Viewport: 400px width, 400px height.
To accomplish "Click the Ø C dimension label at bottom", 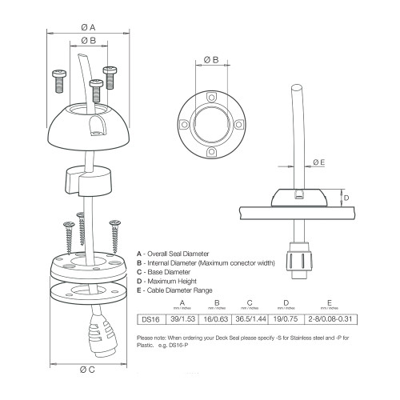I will [87, 369].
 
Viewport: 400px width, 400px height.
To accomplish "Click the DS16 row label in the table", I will [150, 319].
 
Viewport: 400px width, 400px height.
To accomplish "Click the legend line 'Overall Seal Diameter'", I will [179, 253].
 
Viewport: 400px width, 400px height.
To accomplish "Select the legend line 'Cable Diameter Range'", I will [179, 291].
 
